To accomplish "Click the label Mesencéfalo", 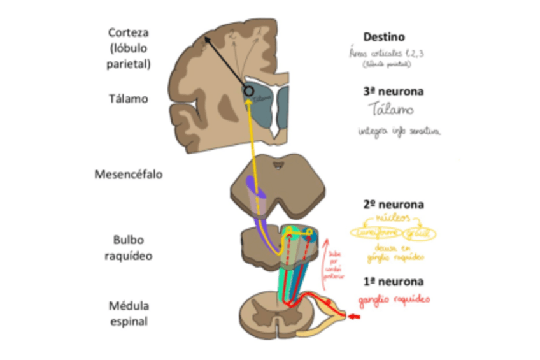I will point(127,174).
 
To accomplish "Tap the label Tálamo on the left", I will point(129,99).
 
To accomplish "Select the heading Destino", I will point(383,37).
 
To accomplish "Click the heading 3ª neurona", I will point(393,91).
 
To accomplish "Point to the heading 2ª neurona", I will point(393,205).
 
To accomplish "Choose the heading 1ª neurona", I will point(393,282).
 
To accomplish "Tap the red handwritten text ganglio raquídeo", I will point(393,299).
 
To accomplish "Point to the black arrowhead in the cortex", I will point(206,41).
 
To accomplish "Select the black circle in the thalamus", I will point(248,92).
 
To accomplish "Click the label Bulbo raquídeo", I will point(129,248).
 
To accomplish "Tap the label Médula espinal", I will point(129,313).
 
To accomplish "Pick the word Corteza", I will point(129,32).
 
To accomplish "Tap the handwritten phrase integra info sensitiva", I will point(398,132).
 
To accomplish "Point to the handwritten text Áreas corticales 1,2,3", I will point(387,54).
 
